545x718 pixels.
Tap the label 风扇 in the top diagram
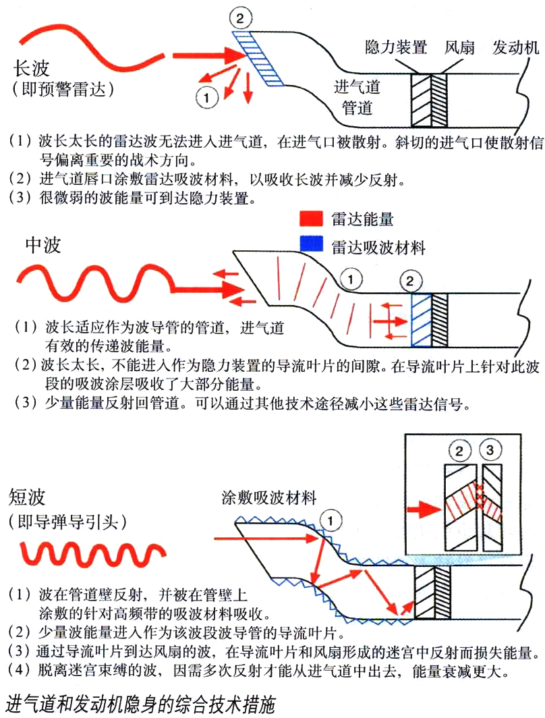tap(459, 47)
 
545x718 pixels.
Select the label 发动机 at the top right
tap(516, 47)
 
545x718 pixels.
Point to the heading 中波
tap(42, 244)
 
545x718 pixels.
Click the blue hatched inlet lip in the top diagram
tap(259, 57)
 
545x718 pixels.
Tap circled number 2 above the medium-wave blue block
tap(410, 279)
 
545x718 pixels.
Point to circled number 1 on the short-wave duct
tap(329, 519)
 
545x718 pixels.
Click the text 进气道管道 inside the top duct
tap(357, 96)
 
